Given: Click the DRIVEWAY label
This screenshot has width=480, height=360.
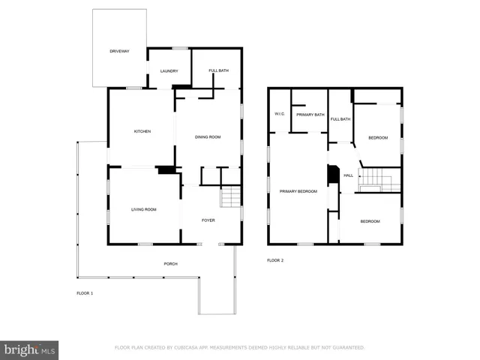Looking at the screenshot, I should click(x=120, y=51).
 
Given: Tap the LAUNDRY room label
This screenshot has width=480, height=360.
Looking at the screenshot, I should click(x=169, y=71).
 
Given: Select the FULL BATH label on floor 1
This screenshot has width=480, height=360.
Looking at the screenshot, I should click(x=218, y=71).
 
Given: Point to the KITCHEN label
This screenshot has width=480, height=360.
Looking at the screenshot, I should click(x=142, y=131).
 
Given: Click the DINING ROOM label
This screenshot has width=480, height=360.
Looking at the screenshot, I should click(x=208, y=137).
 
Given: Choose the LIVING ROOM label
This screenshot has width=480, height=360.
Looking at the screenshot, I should click(x=144, y=209).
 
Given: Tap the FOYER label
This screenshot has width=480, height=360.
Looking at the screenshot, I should click(x=208, y=220).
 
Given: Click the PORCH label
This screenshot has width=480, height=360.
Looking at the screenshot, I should click(x=171, y=264).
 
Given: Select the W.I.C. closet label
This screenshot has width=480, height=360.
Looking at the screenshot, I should click(x=279, y=114).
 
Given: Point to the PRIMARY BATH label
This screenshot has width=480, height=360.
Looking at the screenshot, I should click(x=310, y=115).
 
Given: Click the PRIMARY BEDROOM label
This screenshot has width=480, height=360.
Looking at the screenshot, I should click(x=298, y=191).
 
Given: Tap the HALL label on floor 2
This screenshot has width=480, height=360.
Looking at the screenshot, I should click(x=348, y=175).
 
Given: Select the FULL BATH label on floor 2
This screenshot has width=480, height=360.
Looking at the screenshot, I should click(x=340, y=119).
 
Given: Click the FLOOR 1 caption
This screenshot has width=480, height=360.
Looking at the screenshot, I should click(x=85, y=293).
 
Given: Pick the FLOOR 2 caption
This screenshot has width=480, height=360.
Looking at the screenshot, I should click(x=275, y=260).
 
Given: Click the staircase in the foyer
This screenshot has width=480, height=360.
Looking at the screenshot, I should click(x=231, y=197).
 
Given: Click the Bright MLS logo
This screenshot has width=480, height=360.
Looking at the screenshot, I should click(x=29, y=349).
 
